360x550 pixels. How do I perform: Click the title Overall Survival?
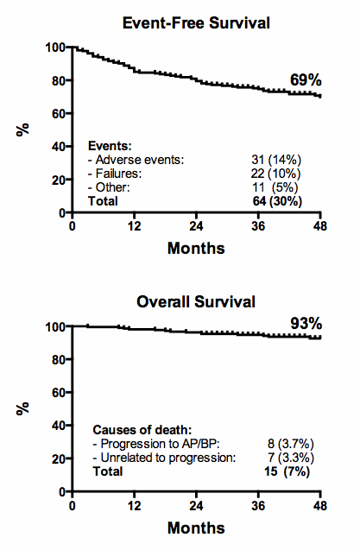click(x=197, y=302)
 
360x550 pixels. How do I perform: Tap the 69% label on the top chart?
click(x=305, y=79)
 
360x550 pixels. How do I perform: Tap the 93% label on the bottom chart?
click(x=305, y=324)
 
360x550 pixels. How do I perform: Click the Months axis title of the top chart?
click(x=197, y=249)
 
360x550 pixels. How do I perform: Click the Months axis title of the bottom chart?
click(x=197, y=528)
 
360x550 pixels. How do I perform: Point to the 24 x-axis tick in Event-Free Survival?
click(x=197, y=227)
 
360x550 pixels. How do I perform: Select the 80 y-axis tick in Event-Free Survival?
click(x=57, y=80)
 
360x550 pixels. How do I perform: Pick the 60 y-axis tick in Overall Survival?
click(x=57, y=393)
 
